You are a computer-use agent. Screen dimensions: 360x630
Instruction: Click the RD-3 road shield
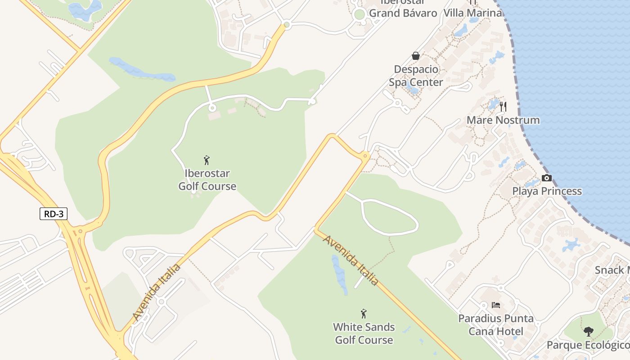coord(54,214)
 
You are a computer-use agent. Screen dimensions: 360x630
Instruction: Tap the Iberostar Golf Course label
coord(207,180)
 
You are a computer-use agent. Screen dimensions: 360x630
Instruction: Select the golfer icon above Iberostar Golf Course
coord(207,160)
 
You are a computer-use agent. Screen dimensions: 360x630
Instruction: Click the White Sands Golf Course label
coord(364,333)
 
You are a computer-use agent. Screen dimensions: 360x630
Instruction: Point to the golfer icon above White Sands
coord(364,314)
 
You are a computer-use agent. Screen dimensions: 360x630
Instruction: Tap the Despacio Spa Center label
coord(416,76)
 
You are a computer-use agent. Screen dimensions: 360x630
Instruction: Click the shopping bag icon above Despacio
coord(416,56)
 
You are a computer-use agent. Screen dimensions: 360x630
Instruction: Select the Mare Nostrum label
coord(503,120)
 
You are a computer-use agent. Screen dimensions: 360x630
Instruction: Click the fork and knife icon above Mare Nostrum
coord(503,107)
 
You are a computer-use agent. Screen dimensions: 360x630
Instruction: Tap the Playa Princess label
coord(547,191)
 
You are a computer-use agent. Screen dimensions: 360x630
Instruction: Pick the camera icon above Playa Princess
coord(547,178)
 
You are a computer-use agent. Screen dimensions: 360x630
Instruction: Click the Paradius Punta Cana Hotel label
coord(496,325)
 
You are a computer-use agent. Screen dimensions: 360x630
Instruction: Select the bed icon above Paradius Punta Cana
coord(496,305)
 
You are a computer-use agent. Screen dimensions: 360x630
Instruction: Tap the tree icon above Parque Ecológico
coord(588,332)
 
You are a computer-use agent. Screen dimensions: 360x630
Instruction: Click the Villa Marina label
coord(472,13)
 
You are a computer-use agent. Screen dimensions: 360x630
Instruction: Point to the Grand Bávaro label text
coord(403,13)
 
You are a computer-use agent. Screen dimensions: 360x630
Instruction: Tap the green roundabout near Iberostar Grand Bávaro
coord(359,14)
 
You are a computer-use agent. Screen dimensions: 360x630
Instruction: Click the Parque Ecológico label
coord(588,345)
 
